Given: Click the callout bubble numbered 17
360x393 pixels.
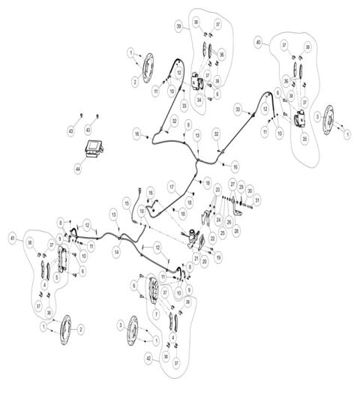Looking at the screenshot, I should click(171, 185).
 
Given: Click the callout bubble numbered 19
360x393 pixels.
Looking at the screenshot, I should click(218, 257).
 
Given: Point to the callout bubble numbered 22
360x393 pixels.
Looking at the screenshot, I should click(212, 238).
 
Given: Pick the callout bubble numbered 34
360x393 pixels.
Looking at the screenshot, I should click(199, 98).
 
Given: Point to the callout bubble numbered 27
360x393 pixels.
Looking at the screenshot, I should click(232, 184).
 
